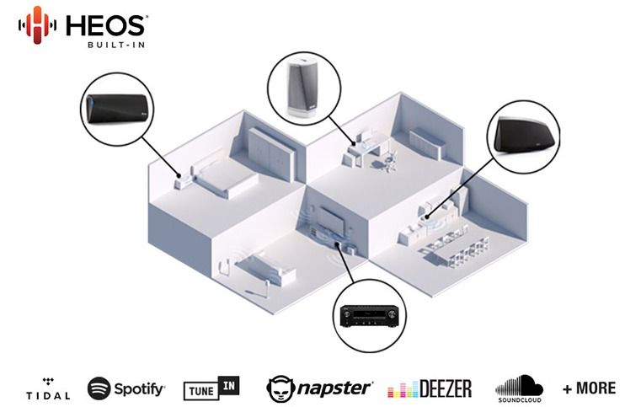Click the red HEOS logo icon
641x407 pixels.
pyautogui.click(x=37, y=25)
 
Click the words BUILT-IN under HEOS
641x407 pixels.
pyautogui.click(x=116, y=45)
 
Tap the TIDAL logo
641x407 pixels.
pyautogui.click(x=48, y=389)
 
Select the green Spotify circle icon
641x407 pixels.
pyautogui.click(x=99, y=388)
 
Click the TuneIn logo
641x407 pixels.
pyautogui.click(x=211, y=388)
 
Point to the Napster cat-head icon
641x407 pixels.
pyautogui.click(x=280, y=388)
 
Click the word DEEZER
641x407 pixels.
pyautogui.click(x=446, y=388)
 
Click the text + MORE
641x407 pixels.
pyautogui.click(x=589, y=388)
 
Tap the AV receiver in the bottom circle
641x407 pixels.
pyautogui.click(x=369, y=316)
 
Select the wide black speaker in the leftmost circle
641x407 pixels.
pyautogui.click(x=117, y=109)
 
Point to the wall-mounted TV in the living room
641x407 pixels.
pyautogui.click(x=333, y=222)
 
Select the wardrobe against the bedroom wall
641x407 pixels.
pyautogui.click(x=270, y=153)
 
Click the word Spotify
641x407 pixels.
pyautogui.click(x=139, y=389)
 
